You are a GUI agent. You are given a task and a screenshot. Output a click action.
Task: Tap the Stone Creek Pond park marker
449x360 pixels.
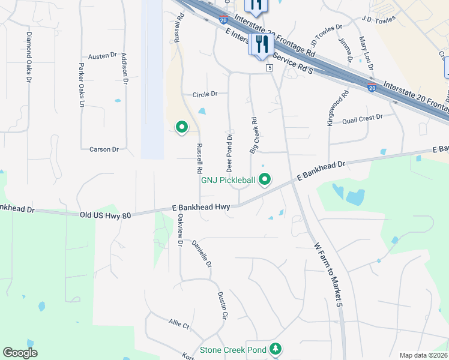(x=276, y=349)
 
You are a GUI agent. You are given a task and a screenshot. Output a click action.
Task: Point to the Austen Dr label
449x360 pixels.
(x=102, y=56)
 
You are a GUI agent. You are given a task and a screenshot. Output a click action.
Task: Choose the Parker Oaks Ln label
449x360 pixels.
(x=81, y=85)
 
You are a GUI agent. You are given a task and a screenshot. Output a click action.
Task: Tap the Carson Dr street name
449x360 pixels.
(x=104, y=149)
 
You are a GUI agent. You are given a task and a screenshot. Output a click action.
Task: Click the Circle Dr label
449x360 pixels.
(x=205, y=94)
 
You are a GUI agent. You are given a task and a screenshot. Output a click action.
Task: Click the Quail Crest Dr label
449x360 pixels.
(x=362, y=119)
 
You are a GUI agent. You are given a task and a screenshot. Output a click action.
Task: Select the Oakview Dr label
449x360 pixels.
(x=179, y=235)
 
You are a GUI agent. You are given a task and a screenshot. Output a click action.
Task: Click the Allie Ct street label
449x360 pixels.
(x=179, y=324)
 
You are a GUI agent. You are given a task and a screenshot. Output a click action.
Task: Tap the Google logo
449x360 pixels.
(x=20, y=353)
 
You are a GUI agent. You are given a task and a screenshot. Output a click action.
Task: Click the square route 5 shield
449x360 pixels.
(x=270, y=68)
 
